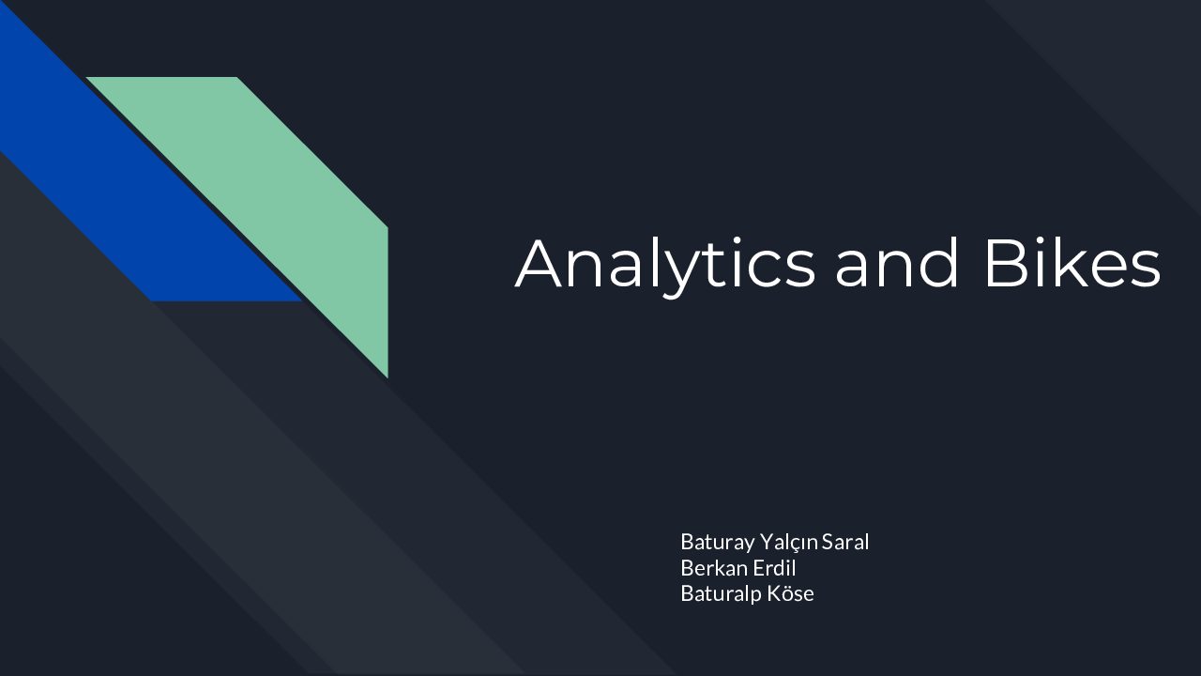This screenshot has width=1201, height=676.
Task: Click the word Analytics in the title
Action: (665, 267)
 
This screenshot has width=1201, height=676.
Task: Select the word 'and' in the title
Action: (896, 263)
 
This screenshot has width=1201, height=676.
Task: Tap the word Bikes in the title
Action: (1073, 263)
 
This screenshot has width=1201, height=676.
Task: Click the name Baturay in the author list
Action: (718, 543)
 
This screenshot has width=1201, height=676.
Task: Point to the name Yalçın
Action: (789, 543)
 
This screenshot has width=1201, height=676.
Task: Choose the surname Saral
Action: (845, 542)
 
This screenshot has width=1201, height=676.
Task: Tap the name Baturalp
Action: (722, 594)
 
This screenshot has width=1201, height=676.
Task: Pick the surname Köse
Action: (790, 593)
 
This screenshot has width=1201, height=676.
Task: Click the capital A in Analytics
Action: (539, 263)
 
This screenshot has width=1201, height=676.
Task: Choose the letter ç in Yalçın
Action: (795, 545)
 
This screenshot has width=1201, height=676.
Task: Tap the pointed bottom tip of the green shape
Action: (388, 377)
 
